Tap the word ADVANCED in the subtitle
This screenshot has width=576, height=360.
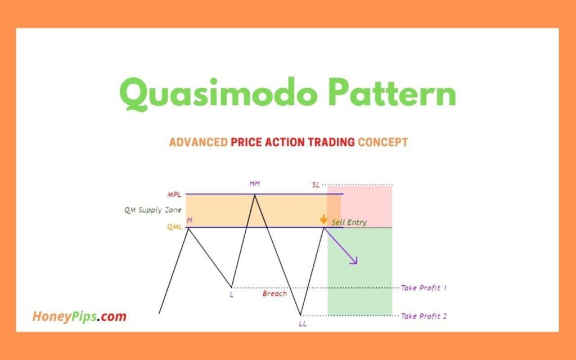tap(199, 142)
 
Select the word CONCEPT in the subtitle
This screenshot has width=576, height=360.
tap(382, 142)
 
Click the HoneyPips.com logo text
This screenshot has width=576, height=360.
tap(79, 316)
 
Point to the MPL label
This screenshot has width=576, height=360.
tap(174, 195)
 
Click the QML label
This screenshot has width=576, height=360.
tap(174, 227)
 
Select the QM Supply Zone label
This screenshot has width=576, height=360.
tap(153, 210)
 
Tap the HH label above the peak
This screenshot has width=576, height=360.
tap(255, 183)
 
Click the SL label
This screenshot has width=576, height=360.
tap(316, 184)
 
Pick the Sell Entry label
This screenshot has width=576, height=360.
tap(349, 222)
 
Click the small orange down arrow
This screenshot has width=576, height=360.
tap(323, 219)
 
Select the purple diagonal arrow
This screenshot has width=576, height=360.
tap(340, 246)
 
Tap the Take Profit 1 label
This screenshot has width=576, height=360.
tap(424, 287)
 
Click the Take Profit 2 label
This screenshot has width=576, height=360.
tap(424, 316)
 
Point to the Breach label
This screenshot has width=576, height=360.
tap(274, 294)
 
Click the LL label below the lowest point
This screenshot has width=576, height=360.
tap(302, 324)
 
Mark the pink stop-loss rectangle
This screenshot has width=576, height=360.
tap(359, 206)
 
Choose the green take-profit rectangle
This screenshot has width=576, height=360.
tap(359, 271)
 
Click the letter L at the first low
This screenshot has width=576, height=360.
tap(231, 295)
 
